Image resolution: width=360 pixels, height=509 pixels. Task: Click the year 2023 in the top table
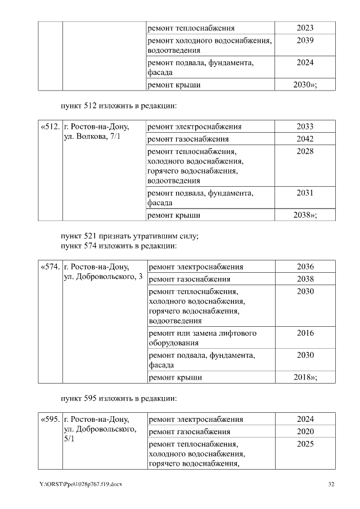click(x=305, y=28)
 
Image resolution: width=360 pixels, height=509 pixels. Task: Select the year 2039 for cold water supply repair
click(x=305, y=40)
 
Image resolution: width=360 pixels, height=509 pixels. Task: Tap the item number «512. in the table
click(x=50, y=127)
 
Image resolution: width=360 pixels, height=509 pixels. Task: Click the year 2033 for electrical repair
click(x=305, y=127)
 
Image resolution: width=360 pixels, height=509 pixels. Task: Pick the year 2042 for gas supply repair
click(x=305, y=139)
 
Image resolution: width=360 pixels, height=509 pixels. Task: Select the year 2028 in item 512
click(x=305, y=151)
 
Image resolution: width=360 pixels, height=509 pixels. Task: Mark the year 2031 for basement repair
click(x=305, y=193)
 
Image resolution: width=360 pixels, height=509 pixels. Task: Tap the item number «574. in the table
click(x=50, y=267)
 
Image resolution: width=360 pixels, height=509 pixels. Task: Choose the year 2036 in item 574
click(x=305, y=267)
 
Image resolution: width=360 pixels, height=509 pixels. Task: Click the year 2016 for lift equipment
click(x=305, y=333)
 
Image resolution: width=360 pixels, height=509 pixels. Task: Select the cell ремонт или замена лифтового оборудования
click(x=202, y=338)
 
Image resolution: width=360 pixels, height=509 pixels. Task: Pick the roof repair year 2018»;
click(x=305, y=377)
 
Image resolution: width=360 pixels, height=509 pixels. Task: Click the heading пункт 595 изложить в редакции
click(x=119, y=399)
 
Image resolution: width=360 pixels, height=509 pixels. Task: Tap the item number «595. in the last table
click(x=50, y=420)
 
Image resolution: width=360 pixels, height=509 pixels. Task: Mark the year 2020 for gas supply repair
click(x=305, y=432)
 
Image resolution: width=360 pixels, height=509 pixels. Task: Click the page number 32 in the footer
click(x=331, y=485)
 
